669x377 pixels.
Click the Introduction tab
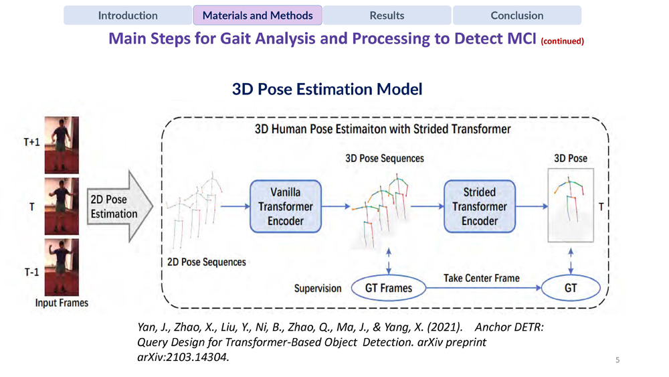tap(128, 15)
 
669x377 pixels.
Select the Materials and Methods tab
tap(258, 15)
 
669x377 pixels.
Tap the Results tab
tap(387, 15)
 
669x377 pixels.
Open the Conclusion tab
tap(516, 15)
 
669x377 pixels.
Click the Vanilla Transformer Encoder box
tap(286, 207)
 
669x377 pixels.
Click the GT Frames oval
tap(388, 289)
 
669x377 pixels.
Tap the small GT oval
tap(571, 289)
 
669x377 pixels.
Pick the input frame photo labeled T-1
tap(62, 267)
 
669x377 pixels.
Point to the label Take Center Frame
tap(482, 278)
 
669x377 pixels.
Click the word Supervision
tap(318, 289)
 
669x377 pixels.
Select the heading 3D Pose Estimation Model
tap(327, 89)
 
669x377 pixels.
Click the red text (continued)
tap(563, 41)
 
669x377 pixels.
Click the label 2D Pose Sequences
tap(206, 262)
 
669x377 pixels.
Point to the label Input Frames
tap(62, 303)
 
